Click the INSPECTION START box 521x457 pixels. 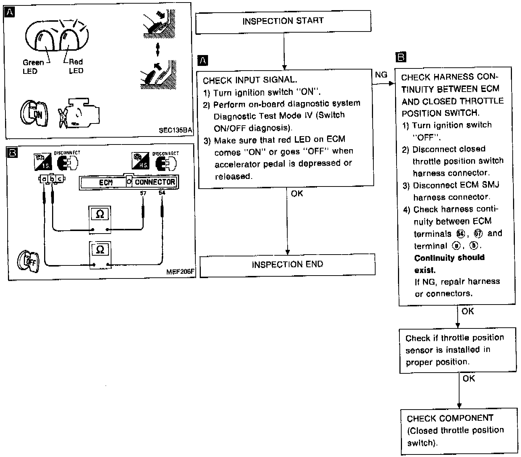(x=283, y=21)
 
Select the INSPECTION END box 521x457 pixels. (x=287, y=265)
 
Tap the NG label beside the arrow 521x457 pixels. (x=381, y=75)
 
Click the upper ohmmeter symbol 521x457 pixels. (x=100, y=214)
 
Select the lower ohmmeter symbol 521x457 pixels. (x=100, y=250)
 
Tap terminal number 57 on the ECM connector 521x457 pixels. (x=143, y=193)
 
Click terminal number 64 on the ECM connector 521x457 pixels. (x=162, y=193)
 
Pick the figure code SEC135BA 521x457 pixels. (x=175, y=130)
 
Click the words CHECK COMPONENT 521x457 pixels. (x=450, y=418)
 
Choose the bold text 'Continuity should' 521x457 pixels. (x=449, y=258)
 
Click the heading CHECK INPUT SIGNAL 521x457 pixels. (x=250, y=80)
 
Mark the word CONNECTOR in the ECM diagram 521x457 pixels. (x=155, y=182)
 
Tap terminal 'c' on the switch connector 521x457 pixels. (x=60, y=179)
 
